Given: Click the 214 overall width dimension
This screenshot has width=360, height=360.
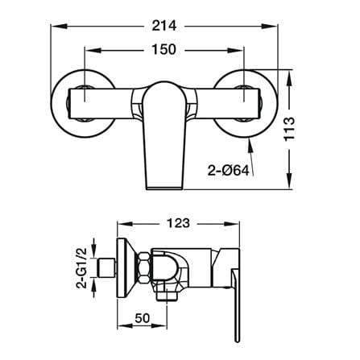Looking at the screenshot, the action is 164,26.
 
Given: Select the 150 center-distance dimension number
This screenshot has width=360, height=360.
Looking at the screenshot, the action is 163,50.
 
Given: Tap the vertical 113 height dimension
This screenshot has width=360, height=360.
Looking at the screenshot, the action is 289,129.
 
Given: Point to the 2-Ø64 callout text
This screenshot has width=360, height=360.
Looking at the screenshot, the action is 229,171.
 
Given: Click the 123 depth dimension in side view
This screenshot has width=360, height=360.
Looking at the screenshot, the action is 178,223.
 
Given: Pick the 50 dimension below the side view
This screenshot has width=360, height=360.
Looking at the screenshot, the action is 142,318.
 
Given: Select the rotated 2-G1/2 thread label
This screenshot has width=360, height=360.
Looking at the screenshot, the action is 81,268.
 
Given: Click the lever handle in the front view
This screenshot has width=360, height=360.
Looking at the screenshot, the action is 164,135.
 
